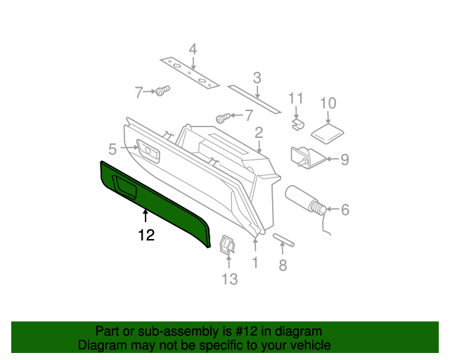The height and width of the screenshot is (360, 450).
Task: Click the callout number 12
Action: coord(146,236)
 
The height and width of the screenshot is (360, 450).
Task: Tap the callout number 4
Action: coord(192,49)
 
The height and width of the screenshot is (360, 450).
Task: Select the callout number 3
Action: coord(257,77)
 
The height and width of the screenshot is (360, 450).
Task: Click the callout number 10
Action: coord(328,103)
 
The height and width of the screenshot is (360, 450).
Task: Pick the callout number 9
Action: coord(345,160)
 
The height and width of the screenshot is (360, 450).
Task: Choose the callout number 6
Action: coord(345,209)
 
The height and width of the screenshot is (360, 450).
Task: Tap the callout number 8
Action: coord(283,265)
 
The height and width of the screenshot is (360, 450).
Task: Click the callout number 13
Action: coord(230,279)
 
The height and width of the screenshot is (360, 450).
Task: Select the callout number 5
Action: coord(112,148)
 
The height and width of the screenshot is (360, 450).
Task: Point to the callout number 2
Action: coord(259,132)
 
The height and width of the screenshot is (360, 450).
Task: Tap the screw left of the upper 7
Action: coord(162,91)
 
